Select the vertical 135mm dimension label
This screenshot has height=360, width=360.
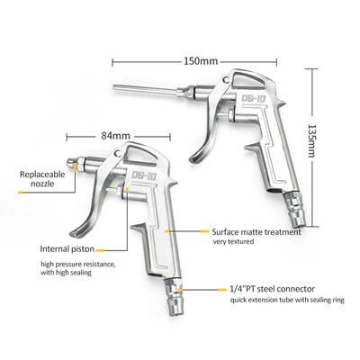pyautogui.click(x=312, y=141)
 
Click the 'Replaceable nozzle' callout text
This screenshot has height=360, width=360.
pyautogui.click(x=42, y=179)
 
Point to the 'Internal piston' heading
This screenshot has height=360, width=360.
pyautogui.click(x=67, y=248)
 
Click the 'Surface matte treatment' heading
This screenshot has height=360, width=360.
pyautogui.click(x=256, y=232)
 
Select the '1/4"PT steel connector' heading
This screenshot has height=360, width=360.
pyautogui.click(x=273, y=289)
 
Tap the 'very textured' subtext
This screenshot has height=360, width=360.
pyautogui.click(x=233, y=241)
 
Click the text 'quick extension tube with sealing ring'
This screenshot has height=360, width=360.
pyautogui.click(x=287, y=300)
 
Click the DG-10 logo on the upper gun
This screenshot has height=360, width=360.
pyautogui.click(x=254, y=99)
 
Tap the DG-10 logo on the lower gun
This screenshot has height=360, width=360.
pyautogui.click(x=144, y=175)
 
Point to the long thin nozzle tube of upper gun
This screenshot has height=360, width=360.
pyautogui.click(x=147, y=89)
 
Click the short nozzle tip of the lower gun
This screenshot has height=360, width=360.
pyautogui.click(x=71, y=164)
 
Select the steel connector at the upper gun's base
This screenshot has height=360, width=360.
pyautogui.click(x=296, y=211)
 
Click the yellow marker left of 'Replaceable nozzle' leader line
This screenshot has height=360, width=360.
pyautogui.click(x=21, y=193)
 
